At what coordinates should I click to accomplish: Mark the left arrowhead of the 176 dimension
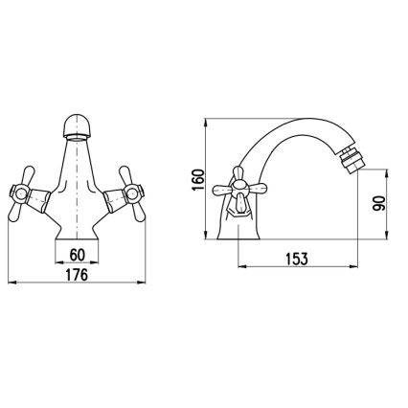(x=11, y=284)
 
